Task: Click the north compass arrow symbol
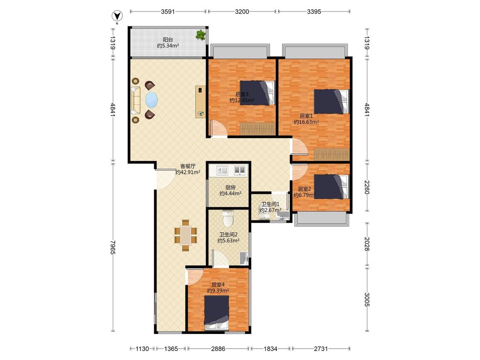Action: coord(117,16)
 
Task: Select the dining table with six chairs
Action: coord(186,235)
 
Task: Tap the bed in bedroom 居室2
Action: coord(332,186)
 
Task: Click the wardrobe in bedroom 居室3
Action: coord(257,129)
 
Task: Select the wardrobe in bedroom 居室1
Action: coord(332,154)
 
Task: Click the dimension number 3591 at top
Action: coord(168,12)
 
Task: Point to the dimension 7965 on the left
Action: coord(113,247)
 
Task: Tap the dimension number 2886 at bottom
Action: coord(218,348)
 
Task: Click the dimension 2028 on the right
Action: coord(367,244)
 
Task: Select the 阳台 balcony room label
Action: coord(168,40)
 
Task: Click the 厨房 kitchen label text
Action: coord(230,187)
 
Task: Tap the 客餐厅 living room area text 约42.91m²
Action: coord(188,172)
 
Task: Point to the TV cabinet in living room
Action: coord(200,102)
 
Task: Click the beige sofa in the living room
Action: coord(136,100)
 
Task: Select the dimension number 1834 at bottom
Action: coord(271,348)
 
